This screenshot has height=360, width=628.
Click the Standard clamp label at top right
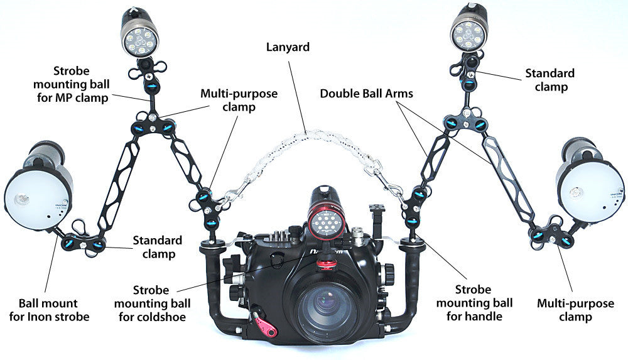tap(549, 80)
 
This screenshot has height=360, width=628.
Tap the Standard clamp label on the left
tap(157, 247)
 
